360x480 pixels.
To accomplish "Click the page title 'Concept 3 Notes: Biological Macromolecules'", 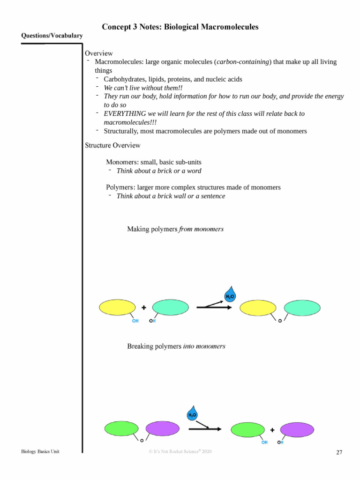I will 180,27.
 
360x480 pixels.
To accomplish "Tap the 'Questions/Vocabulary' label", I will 52,36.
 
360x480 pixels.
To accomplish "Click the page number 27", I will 339,452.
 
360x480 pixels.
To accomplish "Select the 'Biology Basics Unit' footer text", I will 40,451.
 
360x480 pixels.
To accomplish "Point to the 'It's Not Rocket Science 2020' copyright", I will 180,451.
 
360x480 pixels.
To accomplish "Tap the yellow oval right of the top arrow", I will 258,308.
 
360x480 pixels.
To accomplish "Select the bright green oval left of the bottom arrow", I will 121,428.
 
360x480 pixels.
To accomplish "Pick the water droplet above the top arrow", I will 230,295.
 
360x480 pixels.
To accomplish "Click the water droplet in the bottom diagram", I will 192,414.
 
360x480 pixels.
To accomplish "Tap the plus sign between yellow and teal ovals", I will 143,307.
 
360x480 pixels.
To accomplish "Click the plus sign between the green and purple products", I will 272,429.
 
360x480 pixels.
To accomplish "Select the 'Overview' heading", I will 99,53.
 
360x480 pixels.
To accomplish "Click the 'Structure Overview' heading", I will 112,145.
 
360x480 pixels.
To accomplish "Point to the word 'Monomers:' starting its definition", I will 120,162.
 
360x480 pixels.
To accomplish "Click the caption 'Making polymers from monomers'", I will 175,229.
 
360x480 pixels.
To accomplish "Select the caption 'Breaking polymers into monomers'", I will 176,346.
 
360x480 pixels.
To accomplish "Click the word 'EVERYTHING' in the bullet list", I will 122,114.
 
